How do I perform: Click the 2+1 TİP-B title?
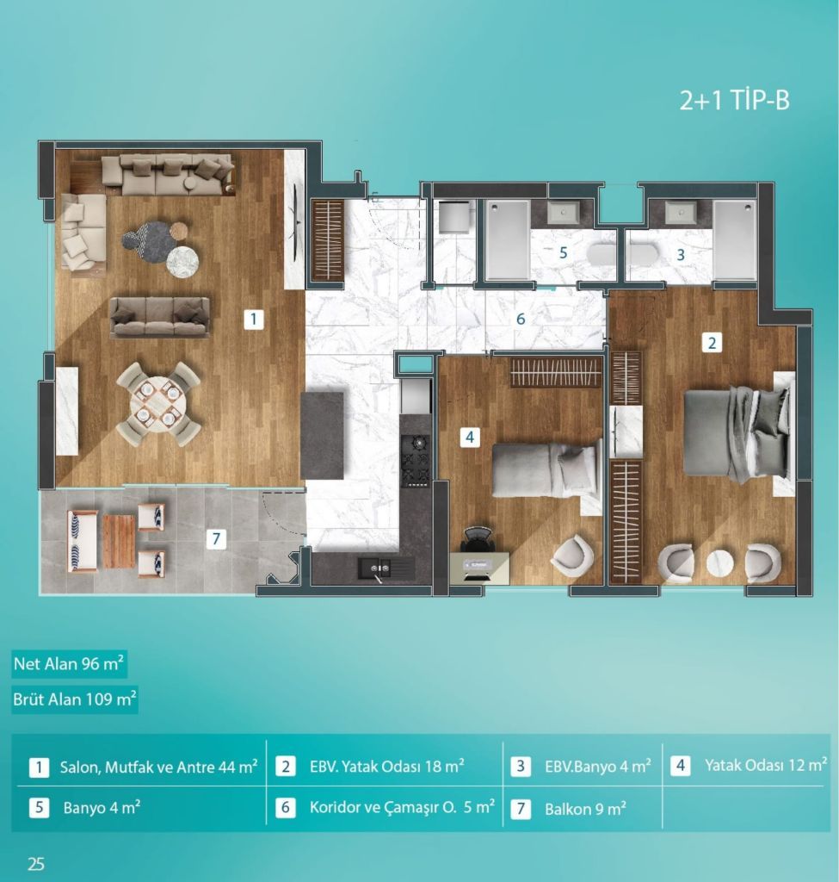[x=735, y=101]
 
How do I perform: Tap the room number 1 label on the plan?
[x=254, y=320]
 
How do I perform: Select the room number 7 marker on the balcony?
[x=216, y=539]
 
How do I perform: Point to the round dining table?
[x=158, y=404]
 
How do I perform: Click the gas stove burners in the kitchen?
[x=416, y=461]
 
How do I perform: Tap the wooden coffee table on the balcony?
[x=119, y=542]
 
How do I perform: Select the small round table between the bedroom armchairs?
[x=720, y=562]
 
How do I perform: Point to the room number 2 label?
[x=712, y=343]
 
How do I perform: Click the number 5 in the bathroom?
[x=563, y=253]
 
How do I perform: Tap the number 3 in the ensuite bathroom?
[x=681, y=255]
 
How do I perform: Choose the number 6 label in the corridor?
[x=521, y=319]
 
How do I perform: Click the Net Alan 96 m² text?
[x=69, y=664]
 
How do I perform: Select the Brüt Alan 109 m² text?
[x=75, y=699]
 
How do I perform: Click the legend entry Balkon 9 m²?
[x=585, y=809]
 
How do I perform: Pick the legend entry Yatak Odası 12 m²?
[x=766, y=765]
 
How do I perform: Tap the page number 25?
[x=36, y=864]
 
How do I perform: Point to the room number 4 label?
[x=471, y=437]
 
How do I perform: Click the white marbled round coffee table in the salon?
[x=182, y=262]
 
